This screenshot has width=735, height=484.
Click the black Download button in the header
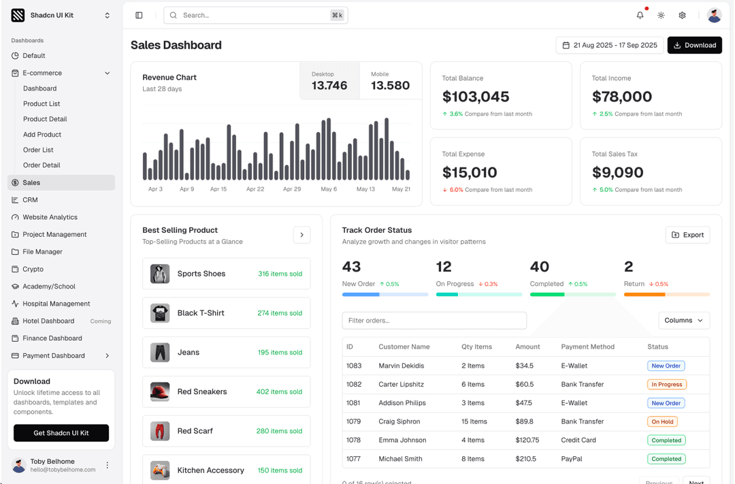tap(694, 46)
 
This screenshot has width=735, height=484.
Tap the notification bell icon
tap(640, 15)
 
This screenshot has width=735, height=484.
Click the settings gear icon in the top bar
tap(682, 15)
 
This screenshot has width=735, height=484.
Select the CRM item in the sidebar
tap(30, 200)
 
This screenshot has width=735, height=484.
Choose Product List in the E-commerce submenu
tap(42, 104)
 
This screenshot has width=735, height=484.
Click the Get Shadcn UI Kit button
tap(61, 433)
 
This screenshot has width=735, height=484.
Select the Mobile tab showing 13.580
tap(390, 81)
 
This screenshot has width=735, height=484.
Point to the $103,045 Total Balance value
tap(476, 97)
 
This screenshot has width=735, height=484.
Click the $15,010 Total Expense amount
tap(470, 172)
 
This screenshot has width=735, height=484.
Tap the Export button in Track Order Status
tap(687, 235)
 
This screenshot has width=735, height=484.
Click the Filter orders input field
tap(434, 321)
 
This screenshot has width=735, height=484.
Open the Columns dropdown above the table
tap(683, 321)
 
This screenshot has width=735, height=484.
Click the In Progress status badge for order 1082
tap(666, 385)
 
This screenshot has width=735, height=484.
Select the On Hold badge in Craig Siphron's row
tap(662, 421)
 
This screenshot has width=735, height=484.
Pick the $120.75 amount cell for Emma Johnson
tap(527, 440)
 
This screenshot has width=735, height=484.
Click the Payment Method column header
tap(587, 347)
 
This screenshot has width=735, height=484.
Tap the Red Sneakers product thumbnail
tap(160, 392)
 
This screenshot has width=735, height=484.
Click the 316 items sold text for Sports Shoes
tap(280, 274)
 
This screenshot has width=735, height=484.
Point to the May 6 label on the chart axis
tap(329, 189)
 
